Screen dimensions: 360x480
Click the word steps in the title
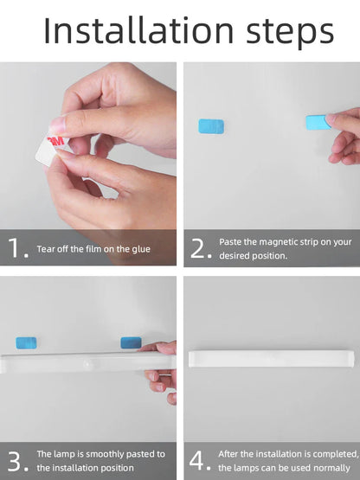290,33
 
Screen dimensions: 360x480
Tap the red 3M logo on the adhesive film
55,141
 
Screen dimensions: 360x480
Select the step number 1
18,247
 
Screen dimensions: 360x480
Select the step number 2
201,248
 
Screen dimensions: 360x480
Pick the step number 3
17,461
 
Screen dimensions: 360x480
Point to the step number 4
200,460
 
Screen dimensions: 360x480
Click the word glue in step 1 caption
141,249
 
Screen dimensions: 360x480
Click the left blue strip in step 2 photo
211,126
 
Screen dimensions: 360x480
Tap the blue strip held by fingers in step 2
318,123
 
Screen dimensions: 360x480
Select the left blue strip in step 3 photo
26,342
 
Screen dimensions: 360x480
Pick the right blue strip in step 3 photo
131,342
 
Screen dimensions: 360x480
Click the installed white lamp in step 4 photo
272,359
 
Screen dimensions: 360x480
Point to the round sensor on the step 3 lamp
87,365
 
